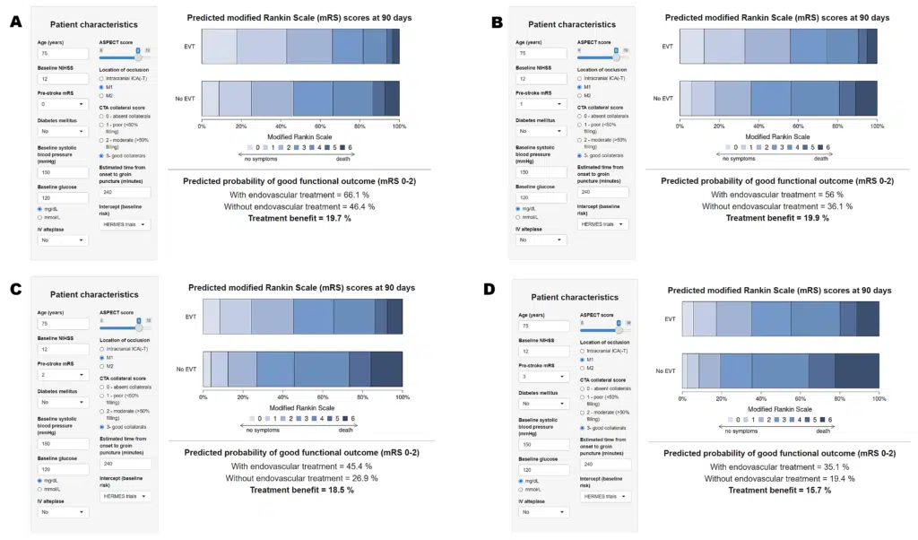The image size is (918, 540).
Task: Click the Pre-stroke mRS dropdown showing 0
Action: [x=62, y=104]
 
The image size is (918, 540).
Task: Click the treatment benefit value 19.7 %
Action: [x=333, y=218]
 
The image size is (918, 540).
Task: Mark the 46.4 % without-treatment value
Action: [x=358, y=206]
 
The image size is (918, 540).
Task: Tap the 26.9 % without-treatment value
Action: [x=360, y=478]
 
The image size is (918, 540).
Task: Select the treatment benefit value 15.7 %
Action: [x=812, y=490]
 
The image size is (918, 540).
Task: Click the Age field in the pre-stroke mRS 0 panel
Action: [x=62, y=54]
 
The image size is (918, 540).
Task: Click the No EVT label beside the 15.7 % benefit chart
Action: [x=664, y=370]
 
